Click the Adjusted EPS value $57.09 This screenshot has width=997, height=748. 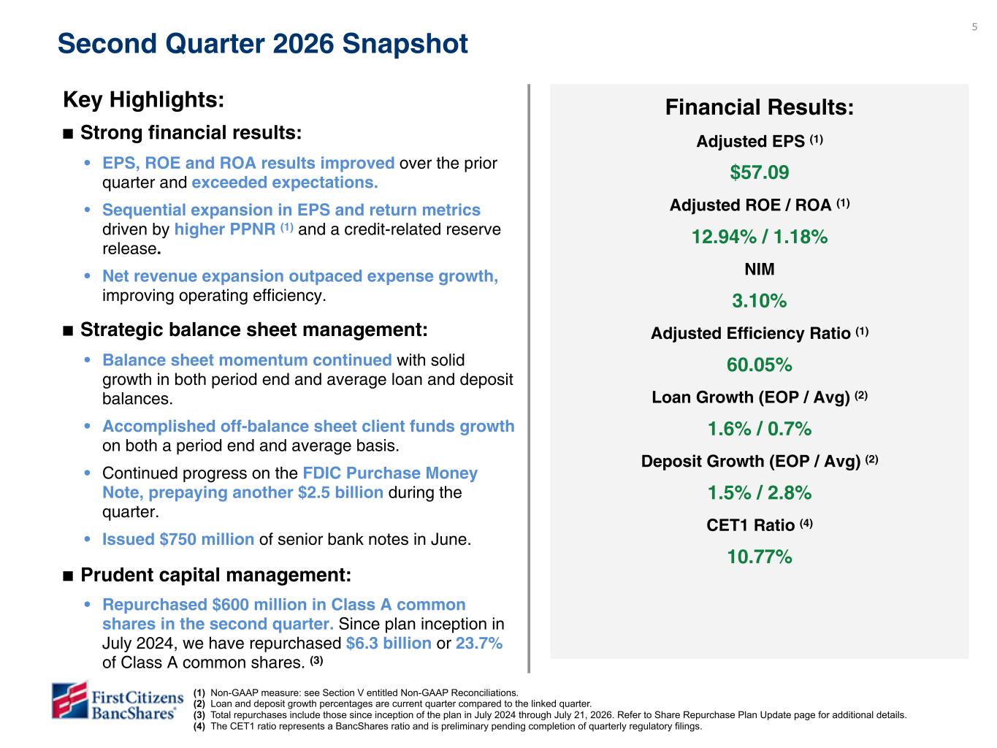(x=759, y=172)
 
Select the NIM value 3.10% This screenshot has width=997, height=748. (x=759, y=301)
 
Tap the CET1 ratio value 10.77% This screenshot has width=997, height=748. (x=759, y=557)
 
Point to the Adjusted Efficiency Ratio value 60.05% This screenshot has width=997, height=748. (x=759, y=365)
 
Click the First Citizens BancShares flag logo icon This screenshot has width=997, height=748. (x=70, y=700)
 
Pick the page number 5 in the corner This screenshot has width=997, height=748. (x=974, y=27)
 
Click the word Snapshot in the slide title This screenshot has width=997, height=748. (x=405, y=44)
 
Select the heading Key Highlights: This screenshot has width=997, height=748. (x=144, y=99)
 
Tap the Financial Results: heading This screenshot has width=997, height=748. (x=760, y=107)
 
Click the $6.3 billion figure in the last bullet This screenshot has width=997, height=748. (x=389, y=643)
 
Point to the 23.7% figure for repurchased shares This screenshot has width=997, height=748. (x=478, y=643)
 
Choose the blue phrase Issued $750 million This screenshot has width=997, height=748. (x=178, y=539)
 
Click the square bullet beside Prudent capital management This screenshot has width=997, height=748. (x=68, y=576)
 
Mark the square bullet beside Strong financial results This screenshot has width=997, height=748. (x=68, y=134)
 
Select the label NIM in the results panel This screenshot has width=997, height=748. (x=759, y=270)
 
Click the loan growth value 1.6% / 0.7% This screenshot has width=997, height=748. (x=760, y=429)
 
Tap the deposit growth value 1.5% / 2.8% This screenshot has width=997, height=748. (x=760, y=493)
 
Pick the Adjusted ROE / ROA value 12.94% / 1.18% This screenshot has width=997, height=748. (x=760, y=237)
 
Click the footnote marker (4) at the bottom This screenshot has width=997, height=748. (x=199, y=726)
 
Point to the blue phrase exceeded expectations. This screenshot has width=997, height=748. (x=285, y=183)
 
